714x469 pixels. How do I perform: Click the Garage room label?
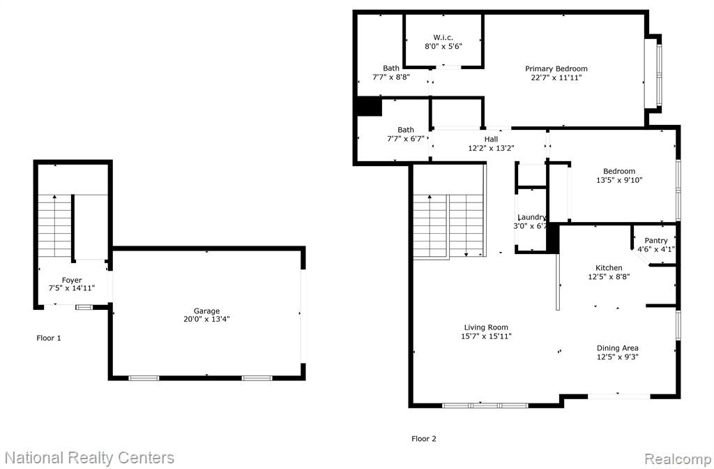[206, 311]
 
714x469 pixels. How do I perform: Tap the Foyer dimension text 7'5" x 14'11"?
[72, 288]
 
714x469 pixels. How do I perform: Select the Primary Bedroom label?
[556, 69]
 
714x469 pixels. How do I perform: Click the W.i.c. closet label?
[443, 38]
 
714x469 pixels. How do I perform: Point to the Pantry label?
[655, 241]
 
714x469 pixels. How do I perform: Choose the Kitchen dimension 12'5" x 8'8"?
[609, 276]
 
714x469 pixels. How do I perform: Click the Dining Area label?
[618, 348]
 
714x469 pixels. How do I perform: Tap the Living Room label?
[486, 327]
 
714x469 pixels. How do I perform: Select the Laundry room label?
[532, 218]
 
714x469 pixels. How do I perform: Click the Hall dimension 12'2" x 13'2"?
[491, 148]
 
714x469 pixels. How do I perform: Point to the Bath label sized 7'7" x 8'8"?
[391, 68]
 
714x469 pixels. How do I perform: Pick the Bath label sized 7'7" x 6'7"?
[406, 130]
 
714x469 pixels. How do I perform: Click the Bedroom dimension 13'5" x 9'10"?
[619, 180]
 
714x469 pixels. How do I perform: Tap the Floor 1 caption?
[49, 338]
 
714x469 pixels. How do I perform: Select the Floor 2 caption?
[424, 439]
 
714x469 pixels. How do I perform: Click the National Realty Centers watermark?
[90, 458]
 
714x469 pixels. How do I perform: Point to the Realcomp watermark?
[678, 459]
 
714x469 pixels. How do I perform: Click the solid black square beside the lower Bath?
[370, 107]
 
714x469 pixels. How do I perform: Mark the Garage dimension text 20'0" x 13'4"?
[206, 319]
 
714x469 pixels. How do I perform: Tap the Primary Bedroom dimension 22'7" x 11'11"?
[556, 77]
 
